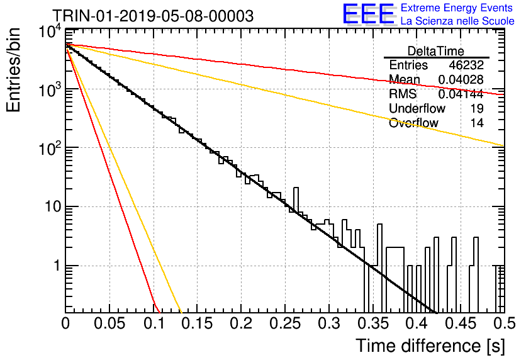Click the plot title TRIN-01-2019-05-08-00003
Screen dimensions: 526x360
153,16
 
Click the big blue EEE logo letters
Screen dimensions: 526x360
369,14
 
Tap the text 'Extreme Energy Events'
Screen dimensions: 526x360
457,8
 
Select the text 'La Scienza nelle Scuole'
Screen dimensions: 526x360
457,21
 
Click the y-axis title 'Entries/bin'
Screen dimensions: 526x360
13,70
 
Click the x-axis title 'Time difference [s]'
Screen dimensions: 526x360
430,346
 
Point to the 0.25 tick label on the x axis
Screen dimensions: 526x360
285,323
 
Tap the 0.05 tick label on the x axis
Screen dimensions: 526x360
109,323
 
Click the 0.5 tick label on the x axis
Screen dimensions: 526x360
504,323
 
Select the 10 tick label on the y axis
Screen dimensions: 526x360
53,206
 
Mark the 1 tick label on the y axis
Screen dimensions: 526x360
57,266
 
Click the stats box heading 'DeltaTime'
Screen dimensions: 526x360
436,51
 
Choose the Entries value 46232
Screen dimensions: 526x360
466,65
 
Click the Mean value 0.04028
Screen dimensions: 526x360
461,79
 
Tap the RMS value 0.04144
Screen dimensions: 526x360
461,94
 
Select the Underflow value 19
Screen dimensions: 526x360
477,108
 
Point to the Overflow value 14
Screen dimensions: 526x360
477,123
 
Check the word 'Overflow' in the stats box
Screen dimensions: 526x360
413,123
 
